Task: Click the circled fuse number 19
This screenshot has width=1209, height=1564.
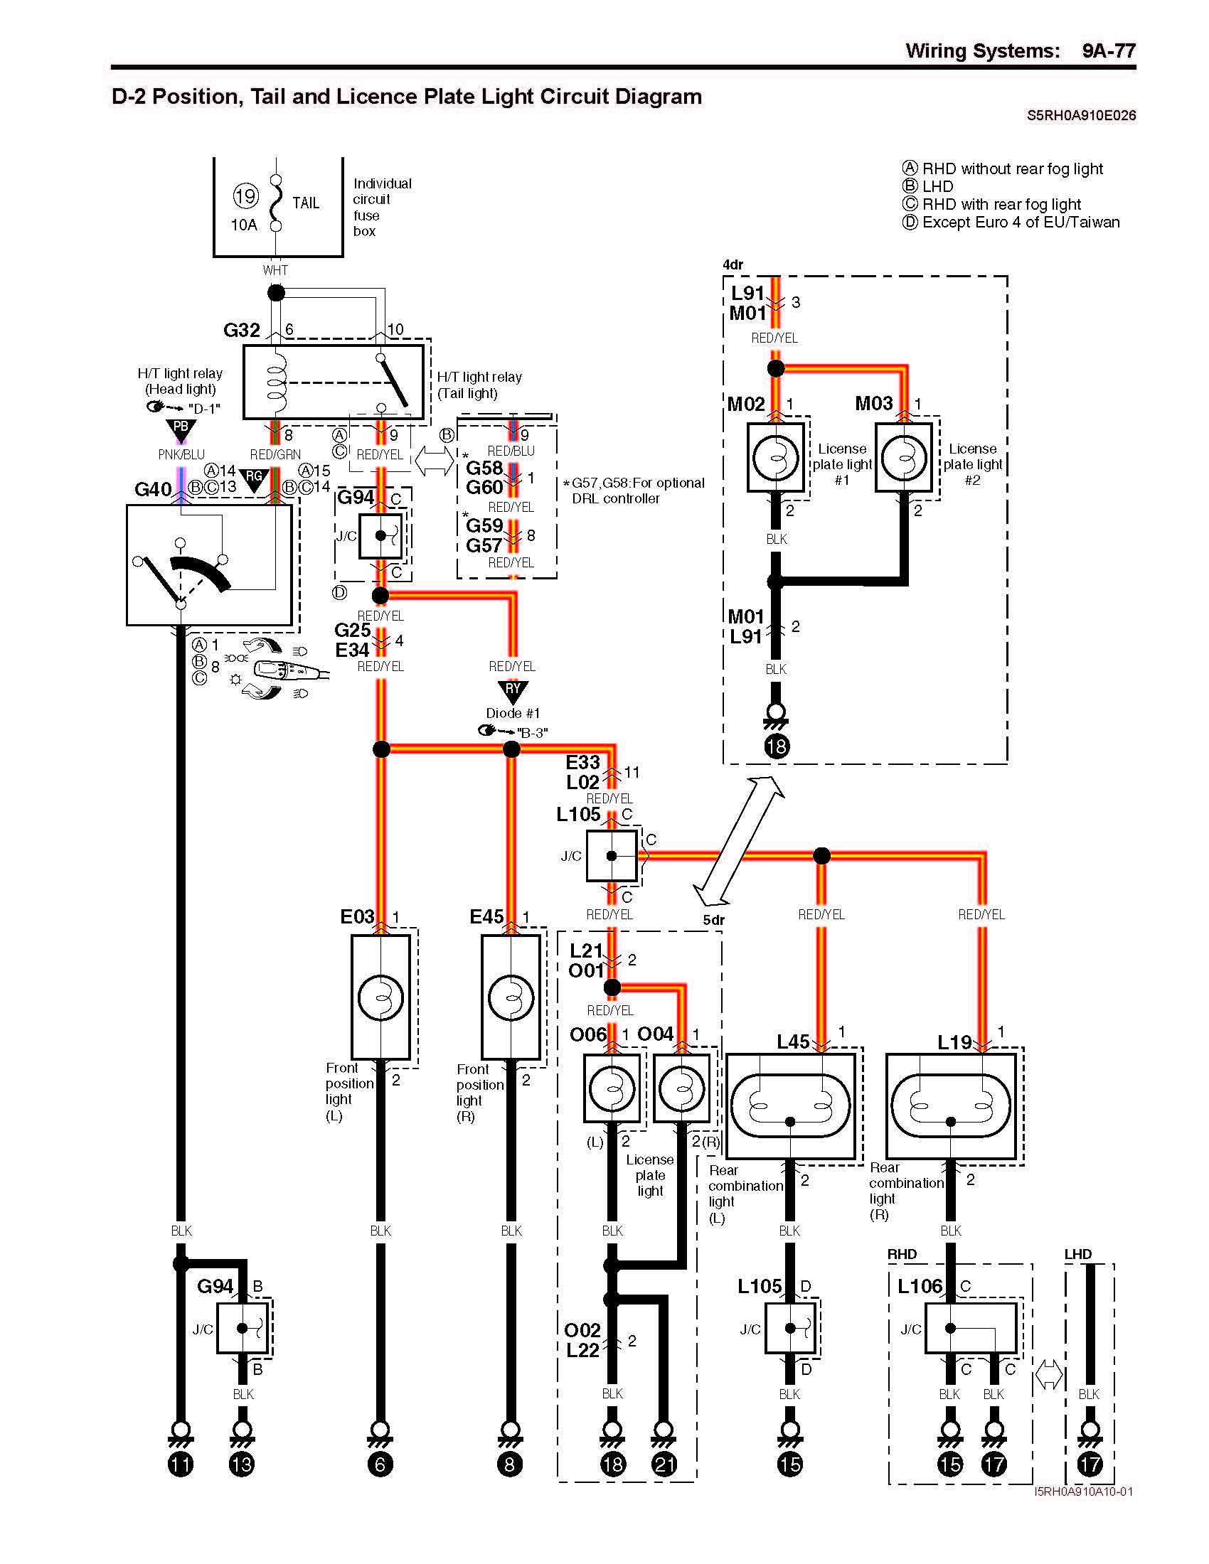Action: (245, 196)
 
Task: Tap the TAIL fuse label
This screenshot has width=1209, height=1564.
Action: (306, 203)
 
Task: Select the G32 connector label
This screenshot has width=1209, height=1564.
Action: (241, 330)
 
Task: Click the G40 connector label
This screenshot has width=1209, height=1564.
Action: (153, 489)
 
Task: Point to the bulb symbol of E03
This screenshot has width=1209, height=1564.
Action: (380, 997)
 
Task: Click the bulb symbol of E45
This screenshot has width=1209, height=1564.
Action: (511, 997)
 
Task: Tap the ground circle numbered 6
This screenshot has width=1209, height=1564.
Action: (380, 1464)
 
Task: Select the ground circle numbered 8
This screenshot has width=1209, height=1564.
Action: (510, 1464)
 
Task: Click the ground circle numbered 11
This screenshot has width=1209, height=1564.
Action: (181, 1464)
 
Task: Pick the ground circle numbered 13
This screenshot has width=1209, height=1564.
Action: (242, 1464)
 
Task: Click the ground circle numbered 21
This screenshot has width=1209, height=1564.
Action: (664, 1464)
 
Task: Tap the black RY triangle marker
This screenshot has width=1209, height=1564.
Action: (513, 690)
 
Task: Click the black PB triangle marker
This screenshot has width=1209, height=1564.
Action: (181, 429)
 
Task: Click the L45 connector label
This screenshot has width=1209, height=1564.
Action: (793, 1042)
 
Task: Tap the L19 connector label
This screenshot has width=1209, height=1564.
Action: (954, 1042)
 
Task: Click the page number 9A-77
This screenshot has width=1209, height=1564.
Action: (1108, 51)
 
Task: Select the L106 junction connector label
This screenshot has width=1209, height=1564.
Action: (920, 1286)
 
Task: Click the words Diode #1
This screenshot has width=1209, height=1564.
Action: (513, 713)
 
